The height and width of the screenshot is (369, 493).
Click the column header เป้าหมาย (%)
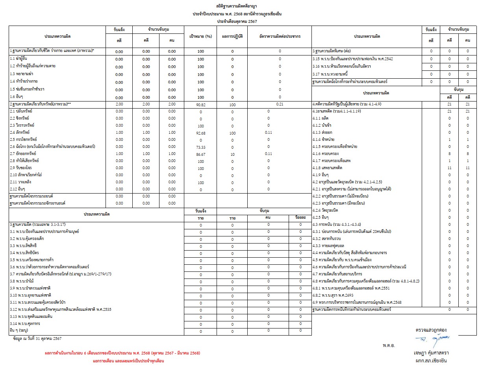(201, 36)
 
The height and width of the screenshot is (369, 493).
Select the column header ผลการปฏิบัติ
(232, 36)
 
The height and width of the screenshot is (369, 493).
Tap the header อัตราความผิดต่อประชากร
(280, 36)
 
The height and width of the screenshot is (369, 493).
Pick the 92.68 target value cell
(201, 133)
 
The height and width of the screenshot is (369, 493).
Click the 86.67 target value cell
(201, 154)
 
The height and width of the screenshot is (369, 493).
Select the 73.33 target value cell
(201, 147)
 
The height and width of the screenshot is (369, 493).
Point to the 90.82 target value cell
(201, 105)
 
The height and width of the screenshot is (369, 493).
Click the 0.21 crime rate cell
(280, 104)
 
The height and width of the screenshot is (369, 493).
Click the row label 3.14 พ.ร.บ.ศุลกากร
(27, 323)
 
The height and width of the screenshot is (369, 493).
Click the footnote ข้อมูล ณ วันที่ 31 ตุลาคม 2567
(37, 338)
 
